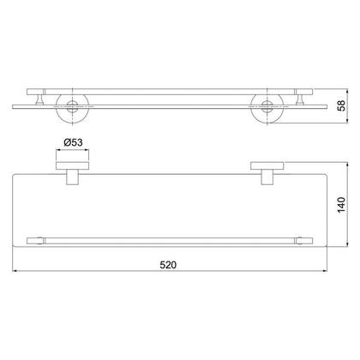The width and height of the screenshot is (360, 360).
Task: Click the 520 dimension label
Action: click(168, 265)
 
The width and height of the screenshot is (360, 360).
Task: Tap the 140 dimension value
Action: click(341, 205)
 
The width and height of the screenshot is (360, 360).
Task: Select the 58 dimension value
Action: click(341, 105)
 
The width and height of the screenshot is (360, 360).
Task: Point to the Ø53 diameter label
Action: click(73, 142)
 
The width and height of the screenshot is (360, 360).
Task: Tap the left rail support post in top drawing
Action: click(39, 99)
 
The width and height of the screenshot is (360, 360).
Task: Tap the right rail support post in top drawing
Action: click(300, 99)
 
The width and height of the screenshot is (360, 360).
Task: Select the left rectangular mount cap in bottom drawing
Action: click(72, 165)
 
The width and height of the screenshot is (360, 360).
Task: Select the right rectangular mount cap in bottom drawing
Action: click(267, 165)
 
